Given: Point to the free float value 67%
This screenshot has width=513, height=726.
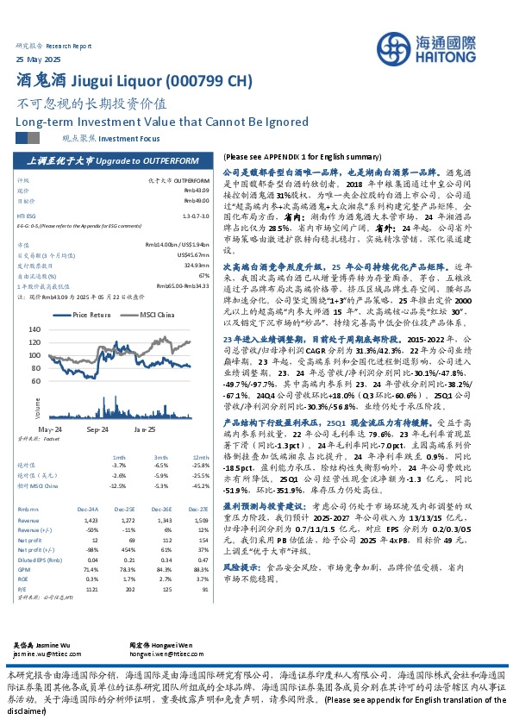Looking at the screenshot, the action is point(203,275).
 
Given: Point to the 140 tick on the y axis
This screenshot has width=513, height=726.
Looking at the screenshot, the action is point(59,329).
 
